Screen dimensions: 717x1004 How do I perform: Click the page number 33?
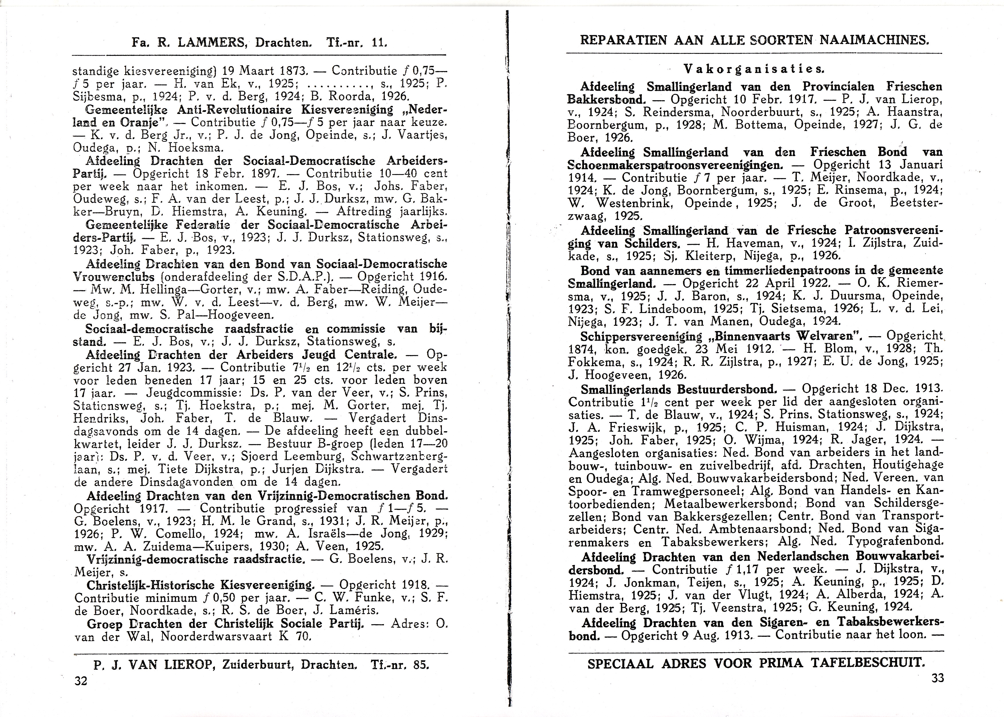(x=937, y=678)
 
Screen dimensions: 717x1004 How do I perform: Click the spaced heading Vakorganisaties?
(x=754, y=69)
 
